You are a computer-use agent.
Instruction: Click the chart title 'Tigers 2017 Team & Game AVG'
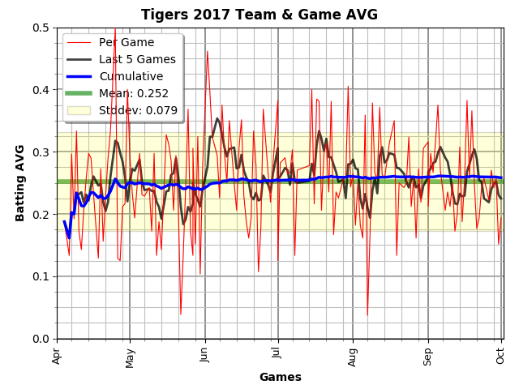[x=259, y=15]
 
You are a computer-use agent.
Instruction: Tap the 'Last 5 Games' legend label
[x=137, y=59]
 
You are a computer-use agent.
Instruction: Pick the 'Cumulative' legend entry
[x=131, y=76]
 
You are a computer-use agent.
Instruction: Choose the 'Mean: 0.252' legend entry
[x=134, y=93]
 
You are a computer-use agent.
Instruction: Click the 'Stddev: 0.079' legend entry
[x=139, y=110]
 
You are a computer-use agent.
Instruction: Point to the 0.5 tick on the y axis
[x=41, y=28]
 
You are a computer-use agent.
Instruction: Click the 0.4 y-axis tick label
[x=41, y=90]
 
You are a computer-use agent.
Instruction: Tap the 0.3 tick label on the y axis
[x=41, y=152]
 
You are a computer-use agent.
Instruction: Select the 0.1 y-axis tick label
[x=41, y=276]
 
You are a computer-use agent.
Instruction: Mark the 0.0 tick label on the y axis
[x=41, y=339]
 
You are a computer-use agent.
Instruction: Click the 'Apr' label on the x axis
[x=57, y=356]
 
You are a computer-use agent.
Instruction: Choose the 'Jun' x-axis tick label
[x=204, y=355]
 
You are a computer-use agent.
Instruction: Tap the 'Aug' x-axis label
[x=352, y=357]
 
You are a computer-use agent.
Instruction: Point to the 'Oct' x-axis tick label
[x=500, y=356]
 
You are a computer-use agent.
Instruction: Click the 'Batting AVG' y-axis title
[x=19, y=183]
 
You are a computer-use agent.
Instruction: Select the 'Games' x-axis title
[x=281, y=377]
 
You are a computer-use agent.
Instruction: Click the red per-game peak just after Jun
[x=208, y=52]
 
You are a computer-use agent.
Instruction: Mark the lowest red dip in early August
[x=367, y=315]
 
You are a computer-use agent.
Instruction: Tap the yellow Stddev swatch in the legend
[x=79, y=110]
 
